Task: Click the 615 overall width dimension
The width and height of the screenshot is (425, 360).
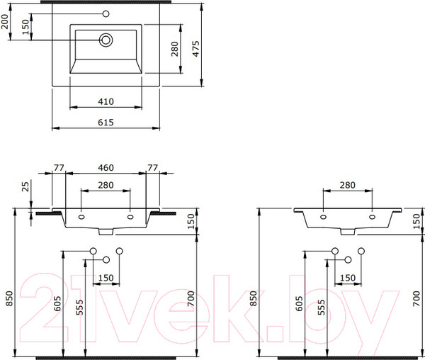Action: click(106, 123)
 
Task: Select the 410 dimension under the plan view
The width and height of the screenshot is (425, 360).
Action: click(106, 101)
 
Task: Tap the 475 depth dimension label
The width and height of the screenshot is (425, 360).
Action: click(196, 49)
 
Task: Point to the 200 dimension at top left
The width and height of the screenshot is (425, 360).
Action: click(5, 21)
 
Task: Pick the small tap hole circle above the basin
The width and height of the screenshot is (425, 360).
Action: click(106, 13)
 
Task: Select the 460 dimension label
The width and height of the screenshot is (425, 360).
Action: click(106, 168)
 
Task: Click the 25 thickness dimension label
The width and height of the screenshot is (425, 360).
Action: click(25, 186)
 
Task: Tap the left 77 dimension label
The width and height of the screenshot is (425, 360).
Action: click(59, 168)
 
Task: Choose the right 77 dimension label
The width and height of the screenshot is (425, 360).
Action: click(152, 168)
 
